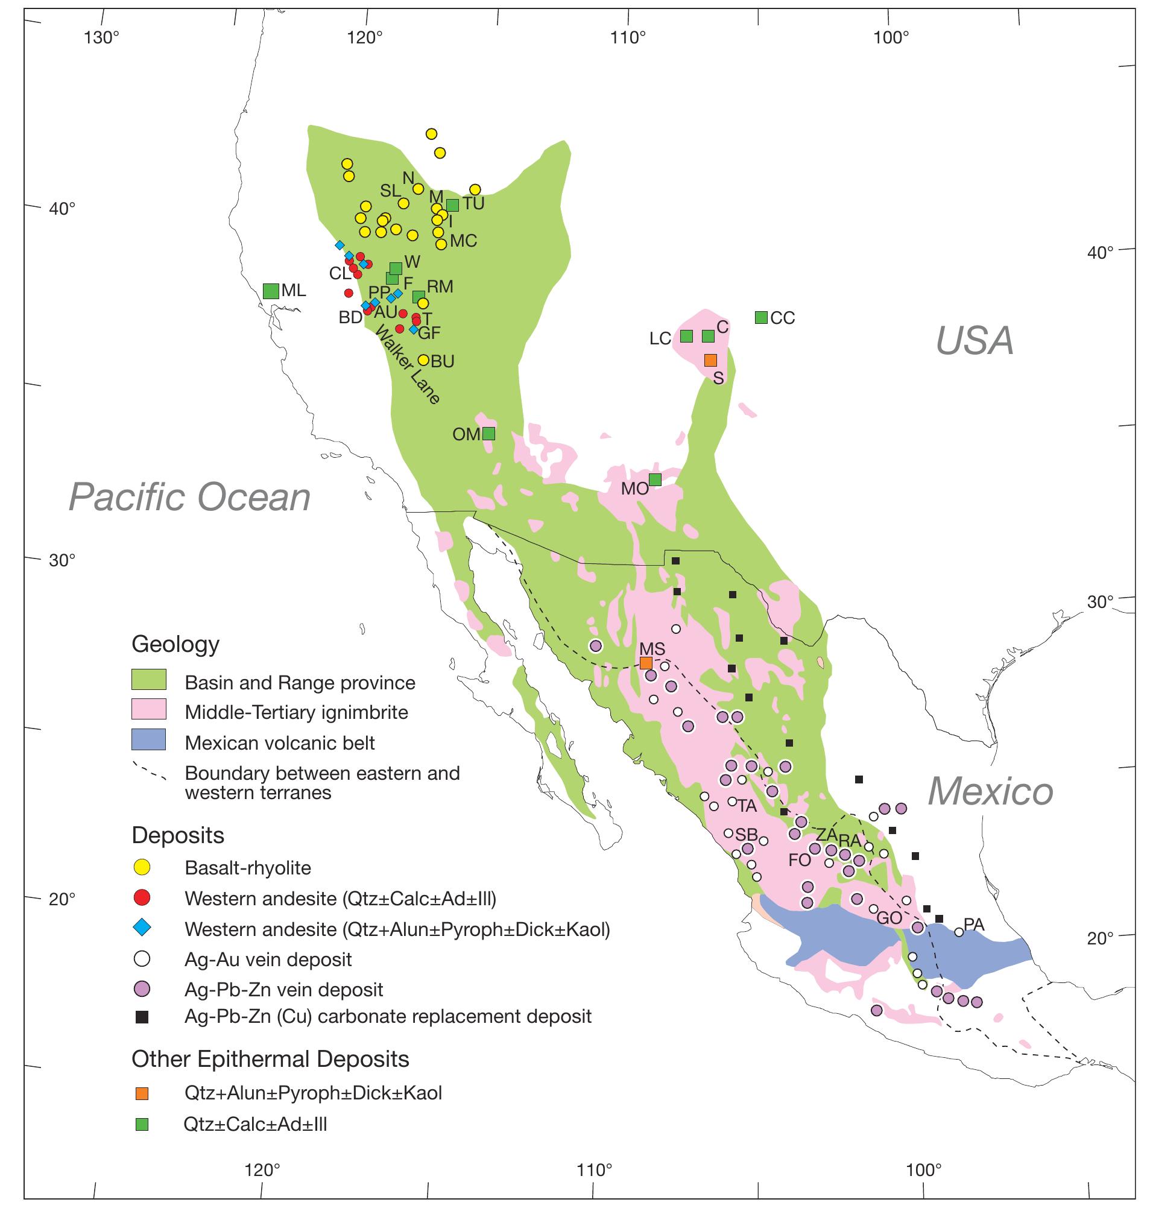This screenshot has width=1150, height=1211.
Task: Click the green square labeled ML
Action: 270,291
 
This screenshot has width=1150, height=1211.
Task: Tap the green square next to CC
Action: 761,317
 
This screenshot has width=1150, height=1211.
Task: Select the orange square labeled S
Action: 710,360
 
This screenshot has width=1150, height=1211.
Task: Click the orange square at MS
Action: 645,663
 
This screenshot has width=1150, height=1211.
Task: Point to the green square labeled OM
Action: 488,434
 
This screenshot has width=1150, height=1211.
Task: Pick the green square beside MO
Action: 655,479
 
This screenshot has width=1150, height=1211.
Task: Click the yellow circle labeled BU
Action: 423,360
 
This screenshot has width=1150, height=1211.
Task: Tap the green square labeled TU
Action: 452,205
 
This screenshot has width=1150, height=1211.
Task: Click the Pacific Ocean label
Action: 189,497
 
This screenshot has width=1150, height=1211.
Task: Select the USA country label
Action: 975,341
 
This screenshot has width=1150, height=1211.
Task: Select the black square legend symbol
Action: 142,1017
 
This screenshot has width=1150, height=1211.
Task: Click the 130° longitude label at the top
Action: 102,38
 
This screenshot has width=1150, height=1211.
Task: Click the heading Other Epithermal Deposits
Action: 270,1059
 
